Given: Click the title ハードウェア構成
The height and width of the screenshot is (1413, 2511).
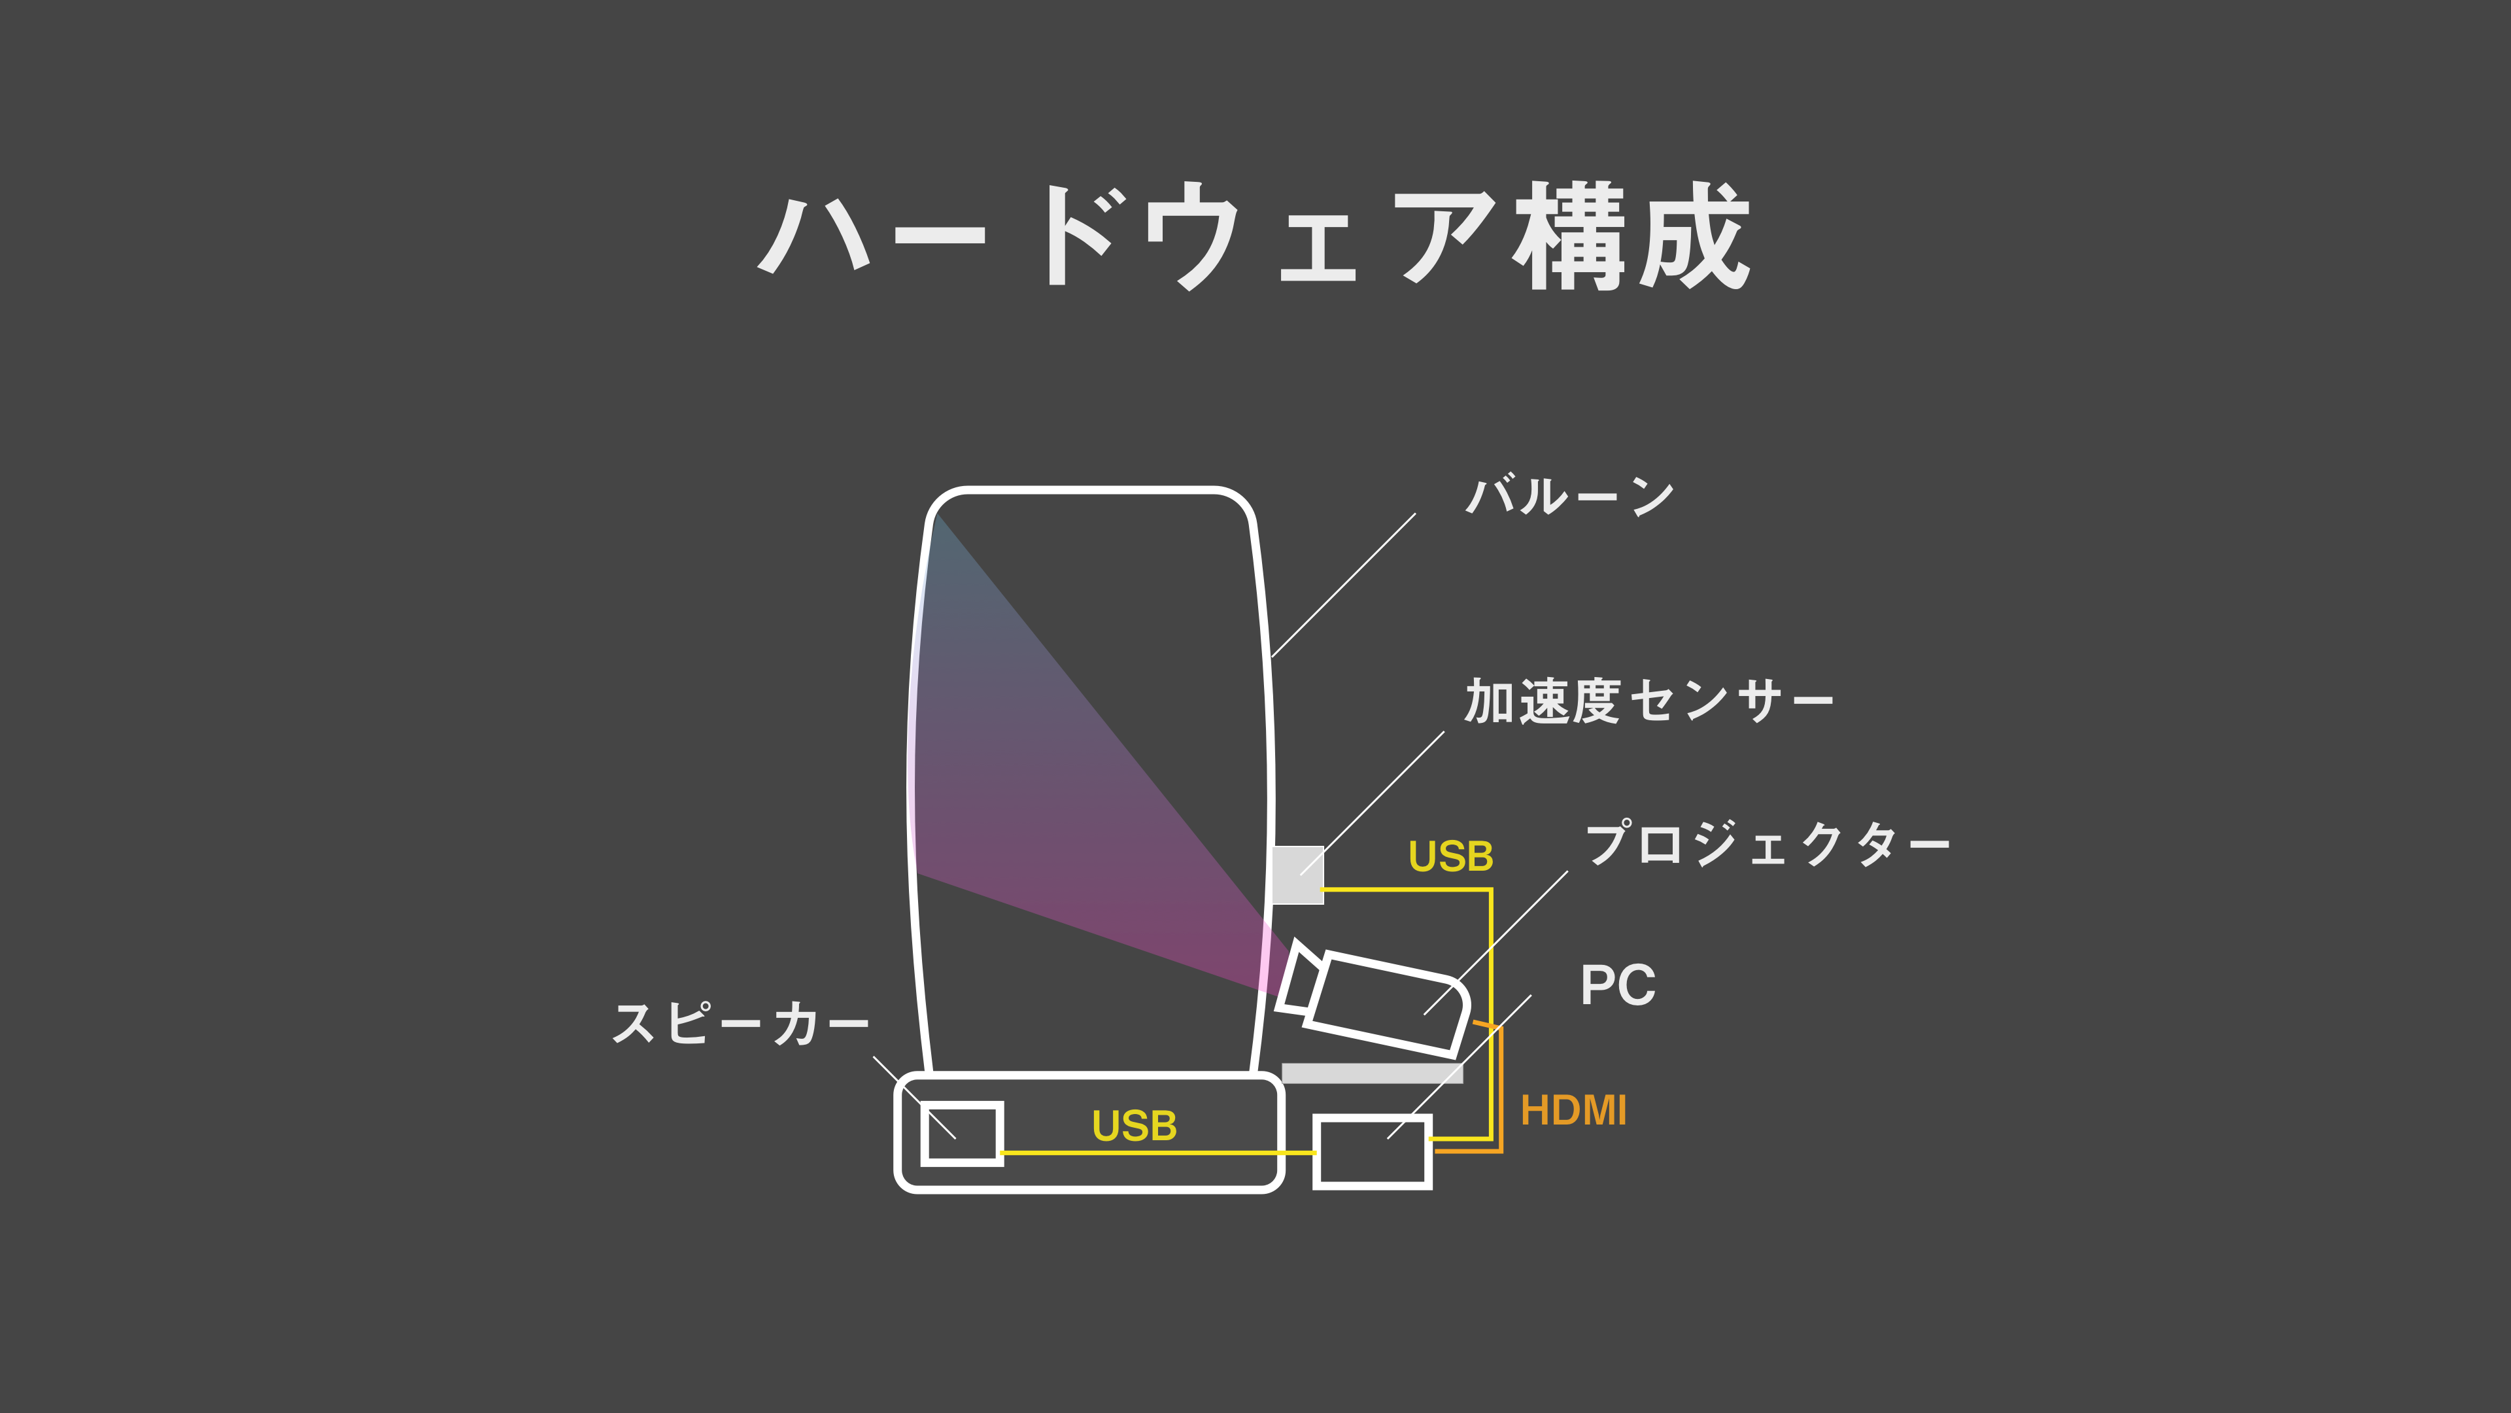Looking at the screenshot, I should (x=1254, y=237).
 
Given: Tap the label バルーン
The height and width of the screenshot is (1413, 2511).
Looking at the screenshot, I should (x=1570, y=497).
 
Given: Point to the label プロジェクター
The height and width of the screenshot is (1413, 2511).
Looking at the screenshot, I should (x=1766, y=845).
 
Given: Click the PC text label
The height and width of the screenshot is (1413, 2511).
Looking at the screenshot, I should (x=1617, y=985).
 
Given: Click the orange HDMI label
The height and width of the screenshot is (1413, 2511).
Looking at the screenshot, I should (x=1573, y=1111).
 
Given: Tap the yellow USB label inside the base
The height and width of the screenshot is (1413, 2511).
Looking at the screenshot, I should (x=1134, y=1126).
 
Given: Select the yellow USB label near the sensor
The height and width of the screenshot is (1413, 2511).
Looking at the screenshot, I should (x=1450, y=856).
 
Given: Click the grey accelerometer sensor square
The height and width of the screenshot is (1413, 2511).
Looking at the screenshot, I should (x=1297, y=875).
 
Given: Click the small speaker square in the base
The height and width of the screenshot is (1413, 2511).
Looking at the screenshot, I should (x=961, y=1133).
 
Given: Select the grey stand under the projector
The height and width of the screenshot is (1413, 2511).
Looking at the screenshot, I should (x=1371, y=1073).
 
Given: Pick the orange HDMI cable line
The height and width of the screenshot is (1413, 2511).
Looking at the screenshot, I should (x=1501, y=1092).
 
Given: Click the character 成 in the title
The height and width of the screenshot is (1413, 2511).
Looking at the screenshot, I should (x=1694, y=237).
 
